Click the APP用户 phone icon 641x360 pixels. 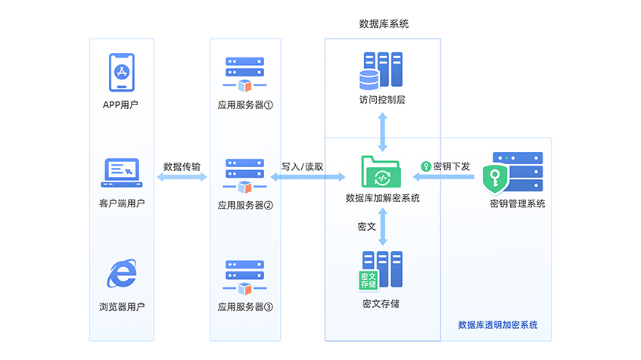[121, 73]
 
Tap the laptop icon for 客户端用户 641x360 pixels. [121, 172]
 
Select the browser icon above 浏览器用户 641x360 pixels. [121, 274]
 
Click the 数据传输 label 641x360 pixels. [182, 166]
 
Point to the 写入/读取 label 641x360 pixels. [303, 166]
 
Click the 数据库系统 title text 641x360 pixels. [384, 24]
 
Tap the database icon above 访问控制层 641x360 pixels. [382, 70]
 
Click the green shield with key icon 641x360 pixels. [496, 180]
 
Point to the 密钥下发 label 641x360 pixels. [451, 166]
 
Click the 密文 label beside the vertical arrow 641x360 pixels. [367, 225]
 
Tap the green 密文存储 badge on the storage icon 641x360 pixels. [368, 280]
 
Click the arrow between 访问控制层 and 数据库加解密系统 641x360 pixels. [383, 131]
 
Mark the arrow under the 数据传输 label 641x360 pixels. [182, 177]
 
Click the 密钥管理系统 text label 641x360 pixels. [517, 203]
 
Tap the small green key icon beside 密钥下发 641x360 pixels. [425, 166]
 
